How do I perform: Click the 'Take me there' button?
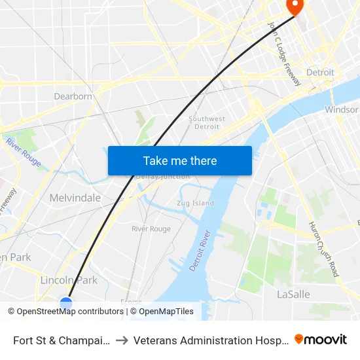180,160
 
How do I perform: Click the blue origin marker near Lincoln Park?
66,303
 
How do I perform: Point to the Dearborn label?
73,96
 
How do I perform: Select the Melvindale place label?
75,198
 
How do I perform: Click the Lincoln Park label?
69,280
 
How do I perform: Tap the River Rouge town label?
151,229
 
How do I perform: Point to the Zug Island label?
195,203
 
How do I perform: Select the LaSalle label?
293,295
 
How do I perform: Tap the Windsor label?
342,110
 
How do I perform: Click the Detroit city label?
320,72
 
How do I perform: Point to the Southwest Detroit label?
207,122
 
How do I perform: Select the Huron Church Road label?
324,249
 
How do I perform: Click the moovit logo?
321,339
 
